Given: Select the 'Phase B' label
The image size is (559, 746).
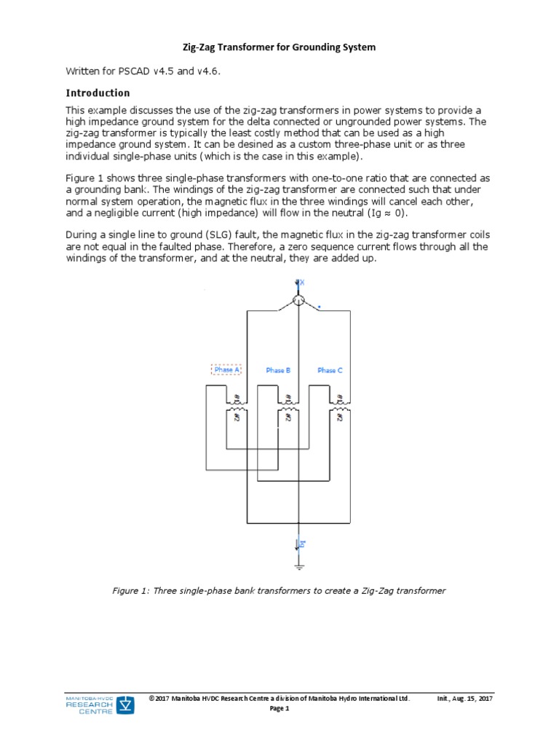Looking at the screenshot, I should (x=278, y=370).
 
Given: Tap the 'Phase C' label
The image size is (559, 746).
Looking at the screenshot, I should (x=330, y=370).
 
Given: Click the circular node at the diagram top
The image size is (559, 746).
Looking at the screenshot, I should (x=298, y=300).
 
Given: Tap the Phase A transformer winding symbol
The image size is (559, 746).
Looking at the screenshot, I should (x=237, y=409).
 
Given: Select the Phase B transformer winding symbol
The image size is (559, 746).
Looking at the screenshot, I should (x=288, y=409).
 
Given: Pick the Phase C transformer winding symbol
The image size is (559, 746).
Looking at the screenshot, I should (x=339, y=409).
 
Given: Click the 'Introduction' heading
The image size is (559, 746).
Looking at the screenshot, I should (x=98, y=93).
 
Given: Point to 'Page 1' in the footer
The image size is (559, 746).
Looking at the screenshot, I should (x=279, y=708).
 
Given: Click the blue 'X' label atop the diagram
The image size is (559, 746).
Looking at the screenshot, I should (x=302, y=282).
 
